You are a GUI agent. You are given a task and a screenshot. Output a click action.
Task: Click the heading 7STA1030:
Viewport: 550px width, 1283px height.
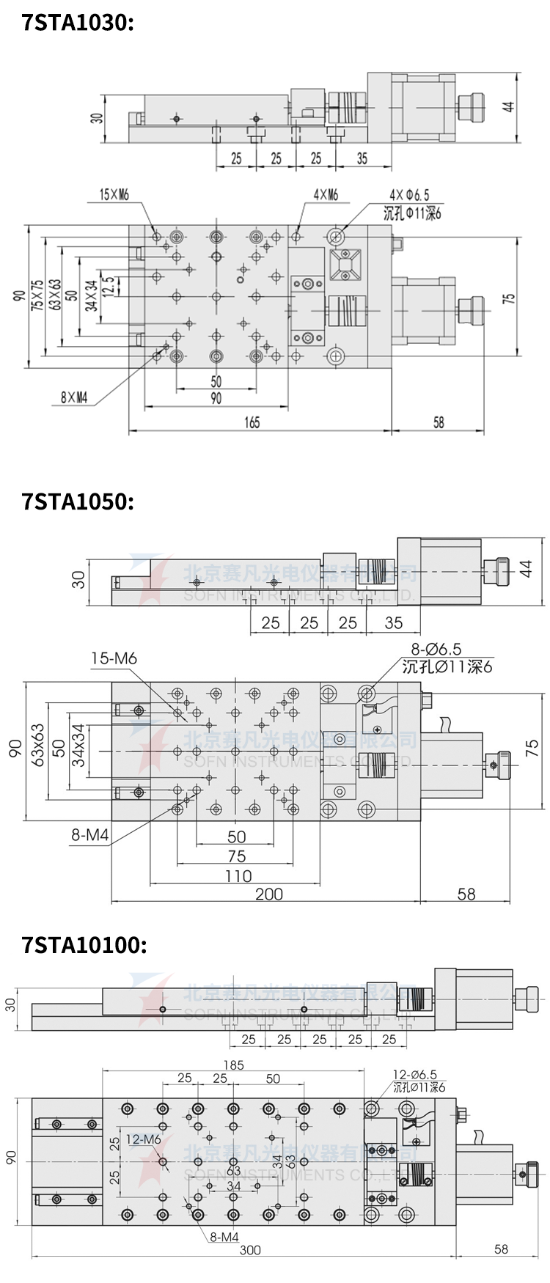click(x=78, y=23)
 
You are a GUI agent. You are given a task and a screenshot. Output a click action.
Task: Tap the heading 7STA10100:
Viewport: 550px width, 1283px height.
click(x=84, y=944)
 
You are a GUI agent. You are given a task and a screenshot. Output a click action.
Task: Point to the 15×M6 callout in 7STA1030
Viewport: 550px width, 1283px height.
click(x=114, y=194)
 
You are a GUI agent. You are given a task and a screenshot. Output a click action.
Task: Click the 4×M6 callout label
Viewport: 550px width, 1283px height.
click(x=325, y=194)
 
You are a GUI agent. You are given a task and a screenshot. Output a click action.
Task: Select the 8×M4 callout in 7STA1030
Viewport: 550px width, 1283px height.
click(x=74, y=398)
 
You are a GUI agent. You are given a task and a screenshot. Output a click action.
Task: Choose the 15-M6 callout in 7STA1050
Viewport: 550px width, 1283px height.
click(x=114, y=658)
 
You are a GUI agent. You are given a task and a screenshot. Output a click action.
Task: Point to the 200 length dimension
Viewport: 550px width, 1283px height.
click(x=268, y=894)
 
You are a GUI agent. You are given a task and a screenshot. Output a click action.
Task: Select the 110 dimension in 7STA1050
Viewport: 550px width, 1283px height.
click(x=238, y=875)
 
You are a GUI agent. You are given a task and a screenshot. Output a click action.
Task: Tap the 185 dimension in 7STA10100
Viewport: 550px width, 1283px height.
click(x=233, y=1065)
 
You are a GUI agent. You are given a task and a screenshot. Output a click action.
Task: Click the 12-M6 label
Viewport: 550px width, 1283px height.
click(x=143, y=1139)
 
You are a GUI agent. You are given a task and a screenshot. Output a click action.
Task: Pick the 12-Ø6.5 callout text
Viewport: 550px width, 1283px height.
click(x=414, y=1075)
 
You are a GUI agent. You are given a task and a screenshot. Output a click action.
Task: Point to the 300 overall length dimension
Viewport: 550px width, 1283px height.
click(x=250, y=1249)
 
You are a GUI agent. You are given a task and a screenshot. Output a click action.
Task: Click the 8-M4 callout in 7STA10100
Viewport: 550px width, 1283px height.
click(x=224, y=1237)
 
